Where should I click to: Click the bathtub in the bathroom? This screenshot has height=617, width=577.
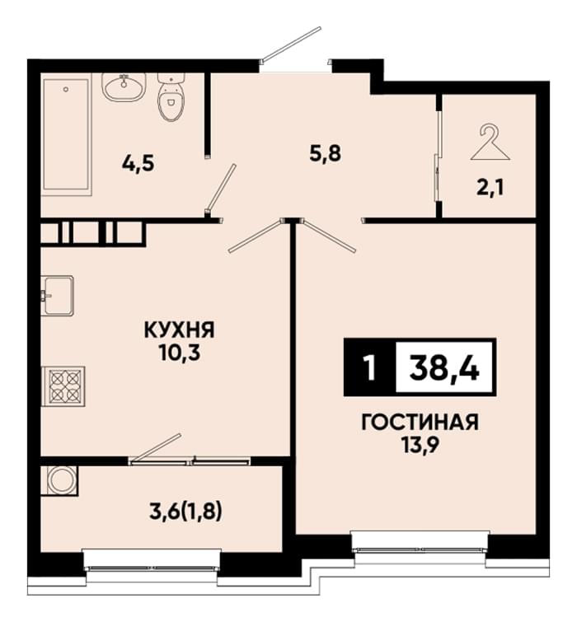point(66,134)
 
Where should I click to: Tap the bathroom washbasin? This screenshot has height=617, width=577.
point(124,86)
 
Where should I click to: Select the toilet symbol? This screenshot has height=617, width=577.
point(171,97)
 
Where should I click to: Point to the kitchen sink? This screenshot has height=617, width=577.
point(58,296)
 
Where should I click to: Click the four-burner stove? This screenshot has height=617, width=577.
point(63,386)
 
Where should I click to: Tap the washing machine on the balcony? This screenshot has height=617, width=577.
point(60,481)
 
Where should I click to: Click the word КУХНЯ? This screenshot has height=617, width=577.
point(180,330)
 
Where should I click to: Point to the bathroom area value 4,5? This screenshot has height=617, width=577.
point(138,164)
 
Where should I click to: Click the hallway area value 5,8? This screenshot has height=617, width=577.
point(326,153)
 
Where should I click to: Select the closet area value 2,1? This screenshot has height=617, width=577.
point(490,189)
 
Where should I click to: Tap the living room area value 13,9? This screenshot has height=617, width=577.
point(420,446)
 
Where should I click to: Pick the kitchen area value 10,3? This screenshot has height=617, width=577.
point(180,353)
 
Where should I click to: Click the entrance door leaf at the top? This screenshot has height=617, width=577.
point(292,44)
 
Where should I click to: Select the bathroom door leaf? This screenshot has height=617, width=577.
point(222,189)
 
